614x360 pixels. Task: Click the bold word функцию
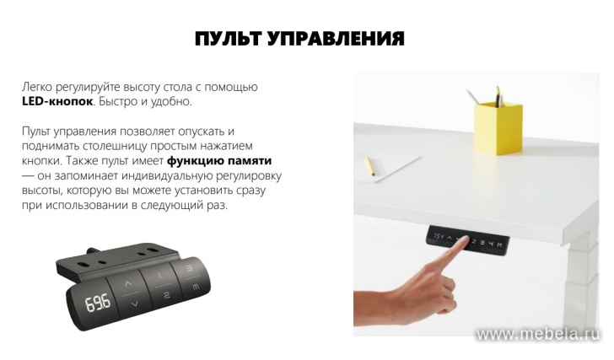click(197, 160)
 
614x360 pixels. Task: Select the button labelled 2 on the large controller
click(166, 294)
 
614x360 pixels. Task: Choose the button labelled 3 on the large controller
click(190, 269)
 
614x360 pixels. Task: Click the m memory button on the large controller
click(196, 287)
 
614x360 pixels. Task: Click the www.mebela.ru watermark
click(538, 335)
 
